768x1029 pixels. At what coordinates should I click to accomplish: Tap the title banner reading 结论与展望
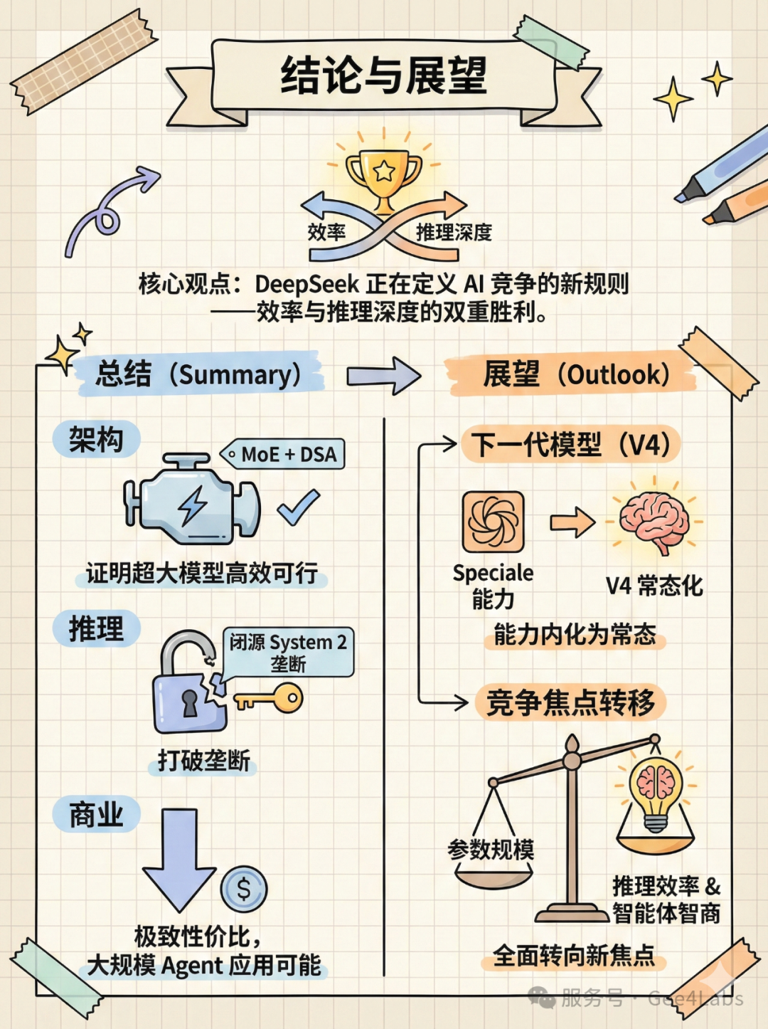click(384, 76)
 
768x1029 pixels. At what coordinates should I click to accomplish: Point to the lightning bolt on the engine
click(192, 505)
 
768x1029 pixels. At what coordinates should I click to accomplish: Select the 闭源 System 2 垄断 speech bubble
click(288, 652)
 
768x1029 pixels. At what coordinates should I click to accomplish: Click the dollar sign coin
click(244, 889)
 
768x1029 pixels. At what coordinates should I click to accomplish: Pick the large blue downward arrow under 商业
click(178, 857)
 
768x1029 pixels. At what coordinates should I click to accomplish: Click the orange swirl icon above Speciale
click(494, 522)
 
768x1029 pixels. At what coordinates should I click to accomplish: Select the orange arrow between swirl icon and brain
click(573, 522)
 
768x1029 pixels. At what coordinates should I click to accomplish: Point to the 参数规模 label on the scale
click(491, 849)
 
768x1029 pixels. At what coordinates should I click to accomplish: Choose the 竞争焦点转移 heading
click(570, 702)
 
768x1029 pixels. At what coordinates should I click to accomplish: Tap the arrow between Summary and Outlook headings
click(384, 375)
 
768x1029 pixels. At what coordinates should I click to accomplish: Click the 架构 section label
click(96, 439)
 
